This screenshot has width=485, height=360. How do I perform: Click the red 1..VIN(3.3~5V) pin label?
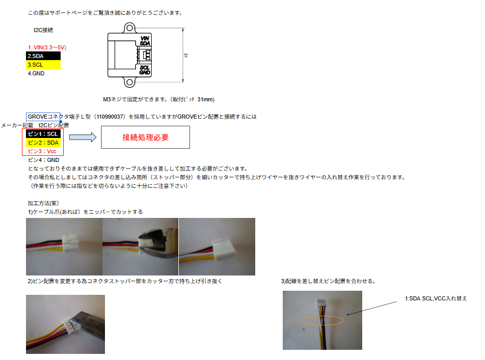pyautogui.click(x=47, y=47)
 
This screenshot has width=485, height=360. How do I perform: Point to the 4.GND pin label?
pyautogui.click(x=36, y=73)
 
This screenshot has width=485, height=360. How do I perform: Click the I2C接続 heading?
pyautogui.click(x=43, y=30)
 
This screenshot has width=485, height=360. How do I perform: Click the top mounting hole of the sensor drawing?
pyautogui.click(x=129, y=28)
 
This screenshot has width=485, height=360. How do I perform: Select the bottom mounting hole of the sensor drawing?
pyautogui.click(x=129, y=82)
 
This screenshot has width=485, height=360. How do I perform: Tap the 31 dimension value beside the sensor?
pyautogui.click(x=185, y=55)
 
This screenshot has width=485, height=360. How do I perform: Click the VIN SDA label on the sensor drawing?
pyautogui.click(x=145, y=41)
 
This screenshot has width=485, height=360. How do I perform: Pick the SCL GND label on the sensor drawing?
pyautogui.click(x=145, y=70)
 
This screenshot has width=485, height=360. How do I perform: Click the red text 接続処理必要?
pyautogui.click(x=145, y=137)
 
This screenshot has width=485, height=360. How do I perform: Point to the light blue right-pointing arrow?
pyautogui.click(x=83, y=137)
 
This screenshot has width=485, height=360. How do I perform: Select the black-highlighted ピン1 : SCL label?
pyautogui.click(x=43, y=134)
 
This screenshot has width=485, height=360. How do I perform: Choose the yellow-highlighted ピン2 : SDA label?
pyautogui.click(x=43, y=143)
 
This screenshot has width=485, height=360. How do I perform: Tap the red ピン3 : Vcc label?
pyautogui.click(x=42, y=151)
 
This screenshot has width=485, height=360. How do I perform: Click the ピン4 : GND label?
pyautogui.click(x=43, y=160)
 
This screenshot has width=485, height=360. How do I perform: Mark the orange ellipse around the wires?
pyautogui.click(x=323, y=316)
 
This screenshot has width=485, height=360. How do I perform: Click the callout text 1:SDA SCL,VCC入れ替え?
pyautogui.click(x=436, y=298)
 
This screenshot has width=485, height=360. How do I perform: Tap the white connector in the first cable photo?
pyautogui.click(x=70, y=243)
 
